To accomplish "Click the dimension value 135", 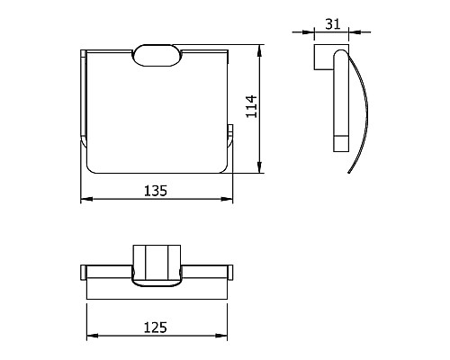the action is point(156,191).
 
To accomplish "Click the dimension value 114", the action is point(251,106).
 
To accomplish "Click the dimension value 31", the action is point(333,24).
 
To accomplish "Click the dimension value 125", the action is point(156,328).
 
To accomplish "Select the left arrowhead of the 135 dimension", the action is point(86,199).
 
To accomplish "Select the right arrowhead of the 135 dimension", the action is point(227,199).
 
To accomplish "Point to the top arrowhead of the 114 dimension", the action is point(260,51).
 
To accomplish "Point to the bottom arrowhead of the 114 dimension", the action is point(260,167).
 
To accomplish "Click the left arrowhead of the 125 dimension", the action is point(93,336).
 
